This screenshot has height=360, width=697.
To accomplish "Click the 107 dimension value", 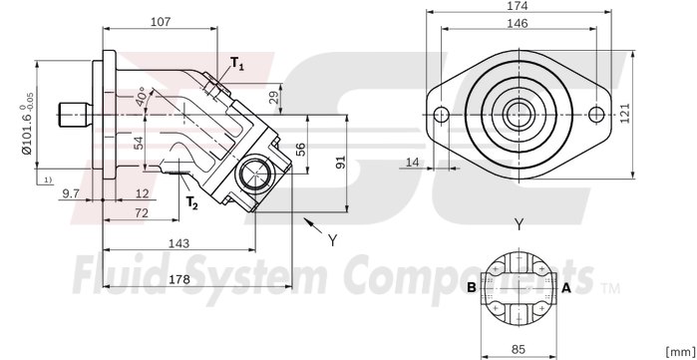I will [160, 21].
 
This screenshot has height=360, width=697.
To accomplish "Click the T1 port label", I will [236, 64].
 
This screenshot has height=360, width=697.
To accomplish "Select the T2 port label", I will [191, 201].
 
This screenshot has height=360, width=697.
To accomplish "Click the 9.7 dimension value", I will [71, 192].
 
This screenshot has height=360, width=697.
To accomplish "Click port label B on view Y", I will [471, 287].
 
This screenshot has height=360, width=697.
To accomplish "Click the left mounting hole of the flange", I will [440, 114].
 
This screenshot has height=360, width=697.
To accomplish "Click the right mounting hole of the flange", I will [594, 114].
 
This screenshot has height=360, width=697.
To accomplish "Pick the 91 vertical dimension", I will [341, 162].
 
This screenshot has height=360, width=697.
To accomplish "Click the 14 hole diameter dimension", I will [413, 162].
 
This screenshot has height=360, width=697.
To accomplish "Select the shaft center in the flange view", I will [517, 114].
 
